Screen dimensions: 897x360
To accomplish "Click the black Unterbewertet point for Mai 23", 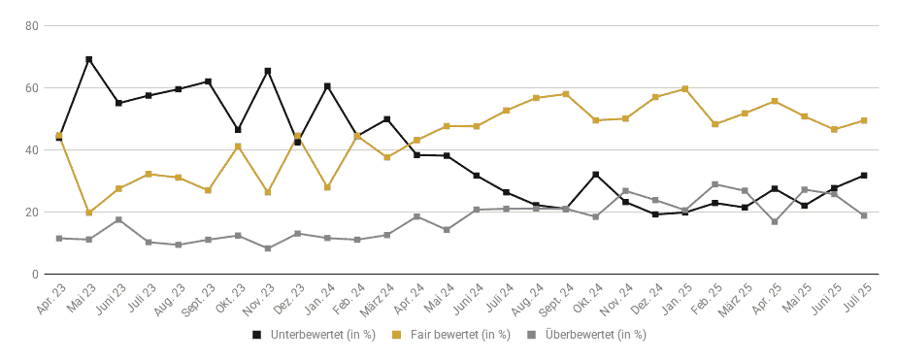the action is [x=89, y=59].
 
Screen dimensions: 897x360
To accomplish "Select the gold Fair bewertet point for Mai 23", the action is [x=89, y=213].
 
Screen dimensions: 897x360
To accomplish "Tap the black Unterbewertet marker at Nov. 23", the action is [x=268, y=72].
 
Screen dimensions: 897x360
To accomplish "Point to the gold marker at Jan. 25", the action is [x=684, y=89].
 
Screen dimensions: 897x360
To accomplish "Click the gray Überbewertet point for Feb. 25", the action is [x=715, y=184].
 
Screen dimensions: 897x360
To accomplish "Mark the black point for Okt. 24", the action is [x=595, y=175].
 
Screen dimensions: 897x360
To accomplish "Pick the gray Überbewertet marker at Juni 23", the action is [x=119, y=220].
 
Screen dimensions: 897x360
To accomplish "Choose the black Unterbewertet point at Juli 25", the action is [x=864, y=176].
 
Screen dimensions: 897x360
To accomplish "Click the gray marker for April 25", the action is [x=775, y=221].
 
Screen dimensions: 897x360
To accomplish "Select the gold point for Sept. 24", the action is [x=566, y=94].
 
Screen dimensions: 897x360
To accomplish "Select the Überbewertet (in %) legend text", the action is [x=595, y=335].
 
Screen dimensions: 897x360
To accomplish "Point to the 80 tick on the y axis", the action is [x=32, y=25].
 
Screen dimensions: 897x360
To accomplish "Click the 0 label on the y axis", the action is [x=36, y=275].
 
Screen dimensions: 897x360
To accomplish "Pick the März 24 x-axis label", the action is [x=377, y=299].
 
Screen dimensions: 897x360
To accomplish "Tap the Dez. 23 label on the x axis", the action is [x=289, y=298].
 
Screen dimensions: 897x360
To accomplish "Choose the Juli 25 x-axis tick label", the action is [x=857, y=297].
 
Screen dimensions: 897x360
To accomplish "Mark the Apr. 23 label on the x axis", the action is [x=50, y=298].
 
